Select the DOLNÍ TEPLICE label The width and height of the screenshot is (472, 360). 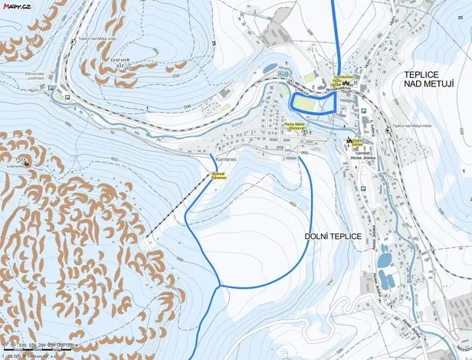point(333,236)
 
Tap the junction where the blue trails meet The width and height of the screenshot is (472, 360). point(220,286)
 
